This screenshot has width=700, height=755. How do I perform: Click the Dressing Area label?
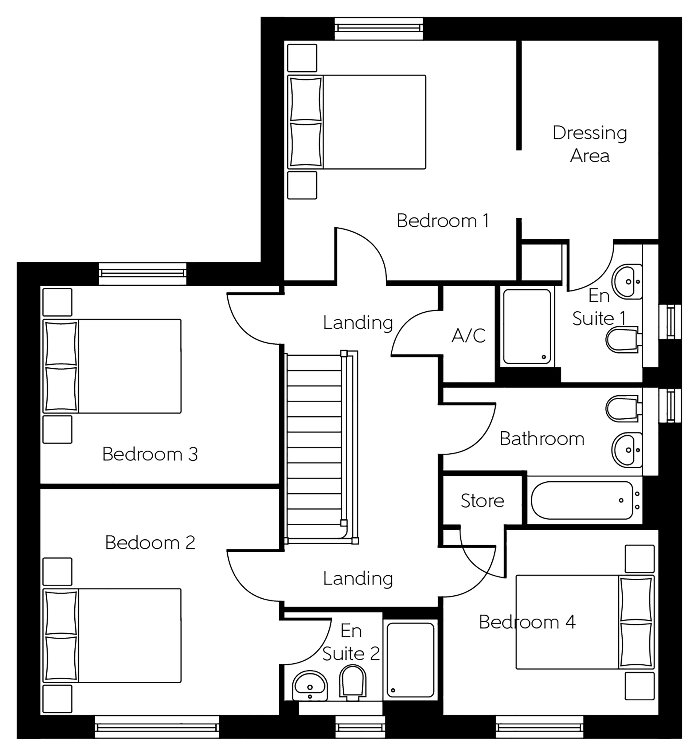[x=590, y=144]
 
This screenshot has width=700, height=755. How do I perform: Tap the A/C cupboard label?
[x=469, y=335]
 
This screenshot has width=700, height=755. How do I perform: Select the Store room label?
[x=482, y=501]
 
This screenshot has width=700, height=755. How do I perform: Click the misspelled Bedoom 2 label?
[x=150, y=542]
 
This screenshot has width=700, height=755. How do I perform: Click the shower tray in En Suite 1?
[x=527, y=326]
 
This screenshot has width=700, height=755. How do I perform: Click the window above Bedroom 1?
[x=378, y=28]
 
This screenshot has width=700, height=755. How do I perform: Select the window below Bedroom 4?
[x=539, y=727]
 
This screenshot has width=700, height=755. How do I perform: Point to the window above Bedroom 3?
[x=142, y=273]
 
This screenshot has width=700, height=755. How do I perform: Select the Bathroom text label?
[x=542, y=439]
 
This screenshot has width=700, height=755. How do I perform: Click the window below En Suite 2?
[x=360, y=727]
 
